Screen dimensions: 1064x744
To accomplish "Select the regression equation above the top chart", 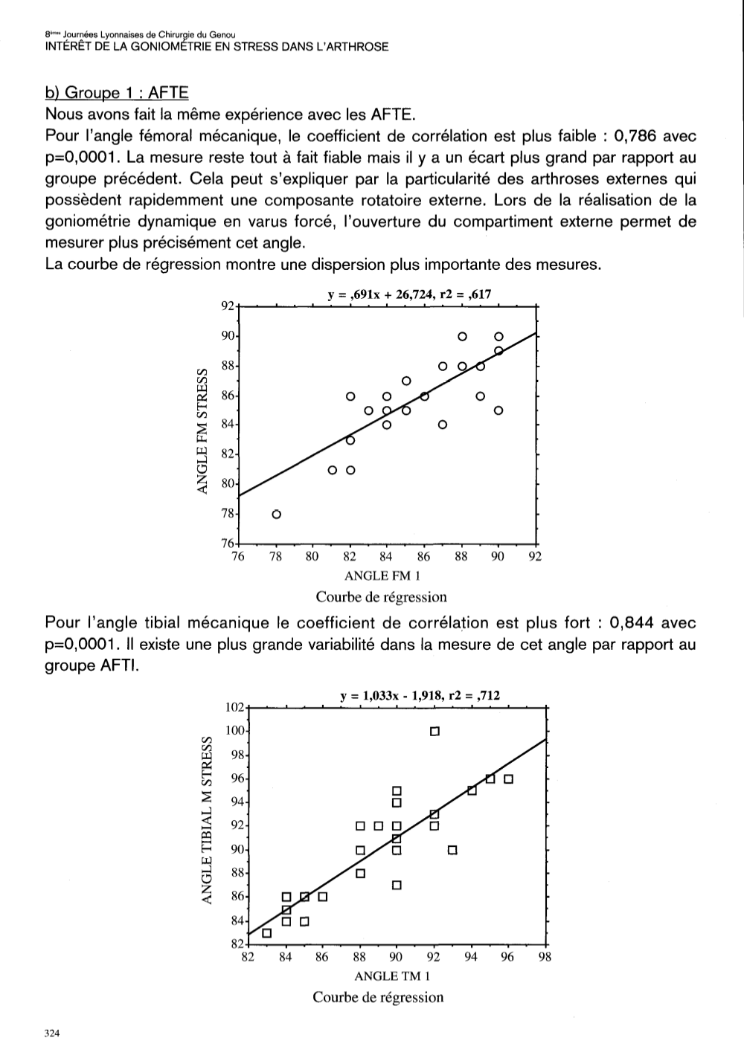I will tap(409, 294).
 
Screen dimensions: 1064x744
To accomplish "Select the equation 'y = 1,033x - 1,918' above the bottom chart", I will tap(391, 696).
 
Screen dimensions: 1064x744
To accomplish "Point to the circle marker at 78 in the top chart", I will tap(276, 515).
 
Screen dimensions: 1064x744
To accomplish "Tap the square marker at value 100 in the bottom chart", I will tap(434, 731).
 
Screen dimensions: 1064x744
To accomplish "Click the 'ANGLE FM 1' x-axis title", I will tap(382, 575).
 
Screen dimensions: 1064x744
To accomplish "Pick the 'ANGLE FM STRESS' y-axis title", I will tap(202, 431).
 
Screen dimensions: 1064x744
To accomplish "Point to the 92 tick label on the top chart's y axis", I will tap(228, 306).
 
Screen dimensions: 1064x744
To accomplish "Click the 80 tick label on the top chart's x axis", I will tap(312, 557).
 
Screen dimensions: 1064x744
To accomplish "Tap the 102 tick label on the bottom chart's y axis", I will tap(234, 707).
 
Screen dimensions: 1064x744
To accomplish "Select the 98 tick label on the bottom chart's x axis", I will tap(545, 958).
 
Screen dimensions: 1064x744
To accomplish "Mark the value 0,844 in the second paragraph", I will tap(632, 622).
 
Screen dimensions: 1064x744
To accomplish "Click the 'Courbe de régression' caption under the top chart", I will tap(381, 597).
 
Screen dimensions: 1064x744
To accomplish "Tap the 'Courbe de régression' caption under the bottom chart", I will tap(378, 997).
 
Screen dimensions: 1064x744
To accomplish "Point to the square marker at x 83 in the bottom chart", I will tap(267, 933).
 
